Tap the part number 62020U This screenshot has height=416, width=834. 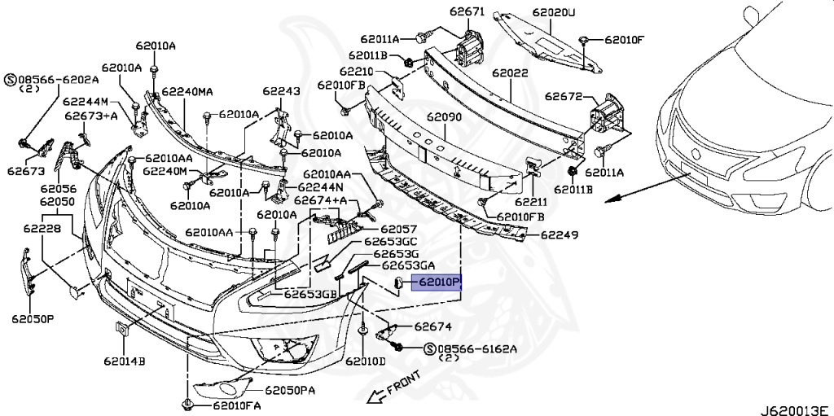(554, 13)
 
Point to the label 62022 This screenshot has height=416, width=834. (511, 72)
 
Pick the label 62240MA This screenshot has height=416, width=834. (187, 92)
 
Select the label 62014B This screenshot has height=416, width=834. (124, 359)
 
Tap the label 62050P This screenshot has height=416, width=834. (32, 318)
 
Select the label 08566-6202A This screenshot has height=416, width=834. (58, 80)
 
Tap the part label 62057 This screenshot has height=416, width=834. (398, 230)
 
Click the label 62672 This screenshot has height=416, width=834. (564, 96)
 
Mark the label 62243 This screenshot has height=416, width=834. (281, 91)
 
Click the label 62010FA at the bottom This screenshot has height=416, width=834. (237, 405)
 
